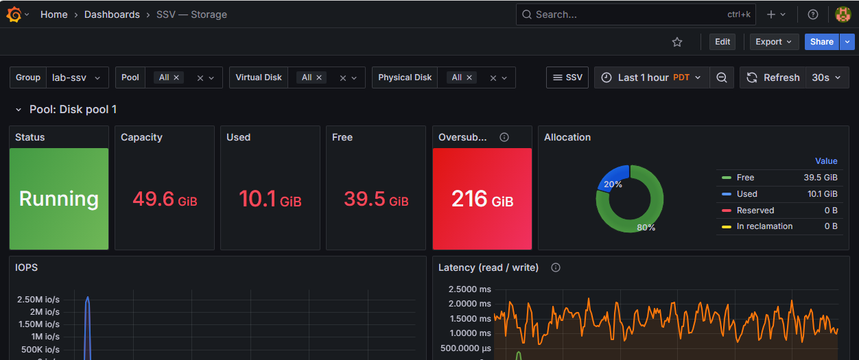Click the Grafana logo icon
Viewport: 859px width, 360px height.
tap(14, 14)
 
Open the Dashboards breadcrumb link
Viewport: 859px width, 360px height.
tap(112, 14)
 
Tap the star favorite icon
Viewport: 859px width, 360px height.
tap(677, 42)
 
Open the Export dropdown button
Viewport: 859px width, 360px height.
tap(773, 42)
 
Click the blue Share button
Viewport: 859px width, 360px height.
tap(821, 42)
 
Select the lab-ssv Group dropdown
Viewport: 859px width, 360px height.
tap(77, 77)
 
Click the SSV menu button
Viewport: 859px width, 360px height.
tap(567, 77)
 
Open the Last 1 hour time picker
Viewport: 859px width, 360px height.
tap(652, 77)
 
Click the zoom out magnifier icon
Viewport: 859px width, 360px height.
tap(722, 77)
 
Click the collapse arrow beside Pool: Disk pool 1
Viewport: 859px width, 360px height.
tap(19, 110)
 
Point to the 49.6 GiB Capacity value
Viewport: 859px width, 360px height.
tap(165, 199)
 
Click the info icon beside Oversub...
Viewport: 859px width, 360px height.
tap(504, 137)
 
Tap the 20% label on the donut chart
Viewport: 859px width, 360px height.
tap(613, 184)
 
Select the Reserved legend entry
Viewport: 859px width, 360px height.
tap(755, 210)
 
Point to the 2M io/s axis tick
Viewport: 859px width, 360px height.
tap(45, 312)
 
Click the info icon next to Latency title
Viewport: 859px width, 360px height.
tap(556, 267)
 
